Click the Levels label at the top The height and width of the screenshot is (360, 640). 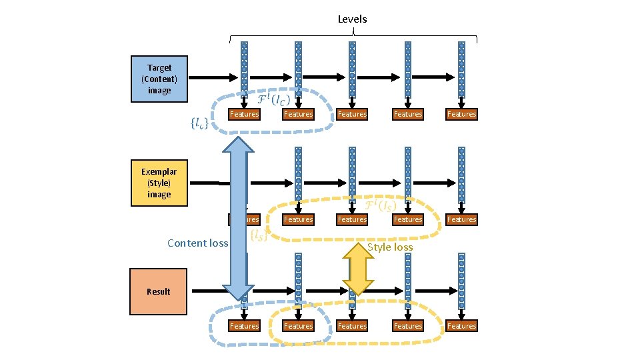point(352,19)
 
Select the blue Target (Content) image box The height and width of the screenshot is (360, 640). point(159,79)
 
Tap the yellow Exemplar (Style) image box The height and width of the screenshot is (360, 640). point(159,183)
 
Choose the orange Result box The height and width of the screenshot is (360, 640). point(159,291)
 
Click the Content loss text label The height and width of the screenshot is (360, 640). point(197,243)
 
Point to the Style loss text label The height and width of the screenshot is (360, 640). point(391,247)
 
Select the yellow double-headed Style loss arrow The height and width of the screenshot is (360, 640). point(358,268)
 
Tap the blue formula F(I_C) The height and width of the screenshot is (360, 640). point(273,101)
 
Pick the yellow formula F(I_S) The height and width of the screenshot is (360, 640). point(382,205)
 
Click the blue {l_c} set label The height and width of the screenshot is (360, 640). point(199,123)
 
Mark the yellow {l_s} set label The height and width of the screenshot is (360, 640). point(259,235)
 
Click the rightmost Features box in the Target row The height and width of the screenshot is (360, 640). point(461,114)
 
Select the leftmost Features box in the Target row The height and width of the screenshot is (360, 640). point(244,114)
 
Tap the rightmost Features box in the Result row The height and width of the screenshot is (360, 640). point(461,325)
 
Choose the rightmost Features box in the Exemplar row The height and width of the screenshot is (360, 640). point(461,219)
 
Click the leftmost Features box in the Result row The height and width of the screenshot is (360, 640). point(244,325)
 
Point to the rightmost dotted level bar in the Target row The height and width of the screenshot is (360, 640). point(461,69)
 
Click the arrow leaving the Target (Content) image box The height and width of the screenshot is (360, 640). point(212,78)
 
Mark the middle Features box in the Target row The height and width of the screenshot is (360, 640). point(352,114)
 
